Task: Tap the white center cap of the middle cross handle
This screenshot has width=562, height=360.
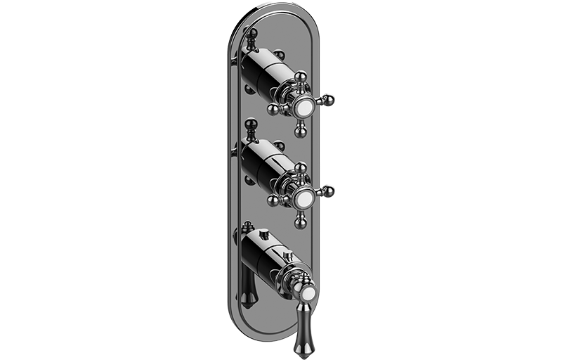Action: (305, 197)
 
